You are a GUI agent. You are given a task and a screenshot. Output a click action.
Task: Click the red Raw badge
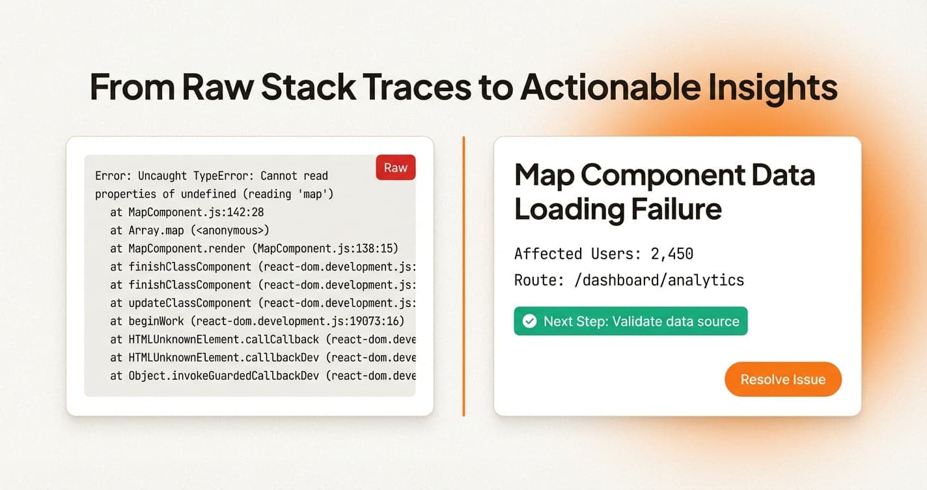click(395, 167)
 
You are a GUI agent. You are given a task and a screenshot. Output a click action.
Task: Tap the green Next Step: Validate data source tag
click(630, 321)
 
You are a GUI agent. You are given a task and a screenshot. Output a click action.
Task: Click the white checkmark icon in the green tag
click(530, 321)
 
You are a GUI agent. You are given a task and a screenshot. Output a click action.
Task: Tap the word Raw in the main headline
click(217, 87)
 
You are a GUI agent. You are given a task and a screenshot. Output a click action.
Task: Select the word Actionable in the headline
click(590, 87)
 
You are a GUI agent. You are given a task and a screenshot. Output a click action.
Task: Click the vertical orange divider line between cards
click(463, 276)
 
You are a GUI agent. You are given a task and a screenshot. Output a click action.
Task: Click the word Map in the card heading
click(542, 175)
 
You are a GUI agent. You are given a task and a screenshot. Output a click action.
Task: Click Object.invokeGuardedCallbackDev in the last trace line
click(223, 376)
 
